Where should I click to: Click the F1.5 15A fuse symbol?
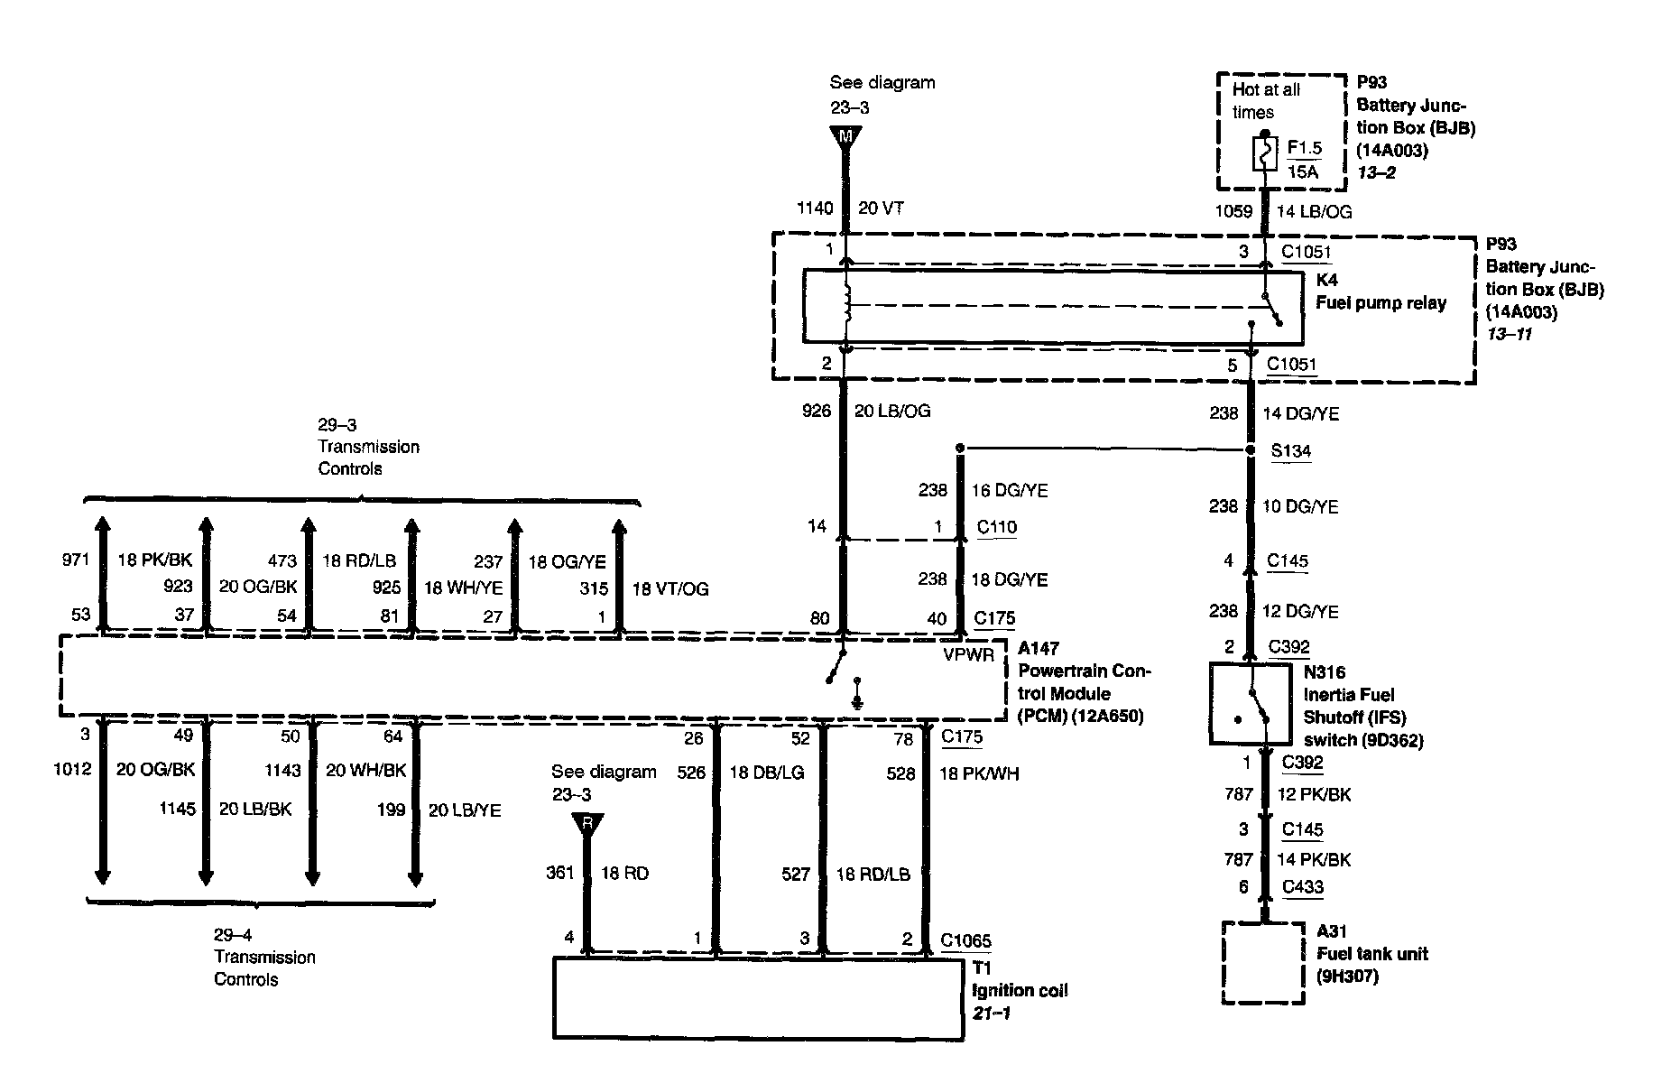coord(1264,154)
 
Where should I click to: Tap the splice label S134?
coord(1290,451)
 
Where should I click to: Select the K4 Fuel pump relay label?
coord(1381,292)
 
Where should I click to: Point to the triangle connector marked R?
coord(587,824)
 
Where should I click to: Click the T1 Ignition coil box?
coord(758,997)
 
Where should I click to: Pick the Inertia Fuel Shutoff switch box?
coord(1250,704)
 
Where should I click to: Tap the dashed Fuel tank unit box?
coord(1263,962)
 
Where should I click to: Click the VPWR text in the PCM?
coord(968,655)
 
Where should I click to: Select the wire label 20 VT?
coord(881,208)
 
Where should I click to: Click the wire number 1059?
coord(1233,212)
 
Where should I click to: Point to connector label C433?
coord(1302,887)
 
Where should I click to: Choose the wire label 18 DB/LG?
coord(767,773)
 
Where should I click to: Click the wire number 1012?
coord(72,770)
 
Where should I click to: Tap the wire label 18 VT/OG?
coord(670,589)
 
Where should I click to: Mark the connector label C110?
coord(997,527)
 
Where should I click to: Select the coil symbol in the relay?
coord(846,305)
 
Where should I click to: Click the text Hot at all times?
coord(1266,101)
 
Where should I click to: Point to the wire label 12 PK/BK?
coord(1314,795)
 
